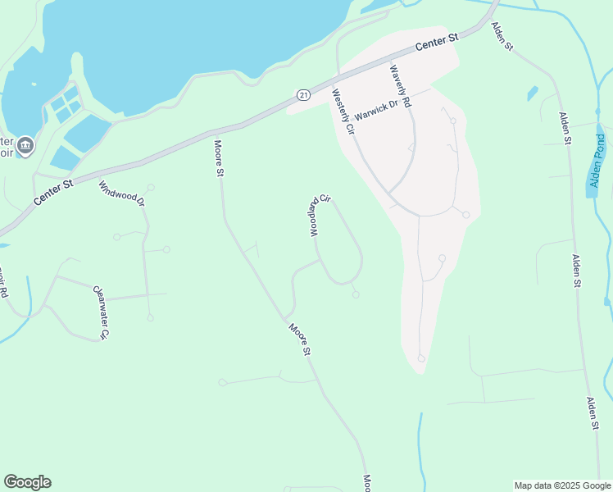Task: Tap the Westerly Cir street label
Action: click(x=343, y=112)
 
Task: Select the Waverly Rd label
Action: click(x=401, y=88)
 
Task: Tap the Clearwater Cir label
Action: click(x=100, y=312)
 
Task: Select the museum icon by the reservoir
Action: click(x=25, y=146)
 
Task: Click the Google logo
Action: click(x=28, y=482)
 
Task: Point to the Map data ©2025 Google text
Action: click(x=562, y=485)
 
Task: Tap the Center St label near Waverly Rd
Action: click(x=436, y=43)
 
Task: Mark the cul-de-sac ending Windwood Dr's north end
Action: click(x=151, y=187)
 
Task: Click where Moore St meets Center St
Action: click(x=215, y=133)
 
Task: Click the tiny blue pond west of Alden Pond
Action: click(x=533, y=93)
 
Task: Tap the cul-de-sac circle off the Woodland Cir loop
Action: click(x=356, y=294)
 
